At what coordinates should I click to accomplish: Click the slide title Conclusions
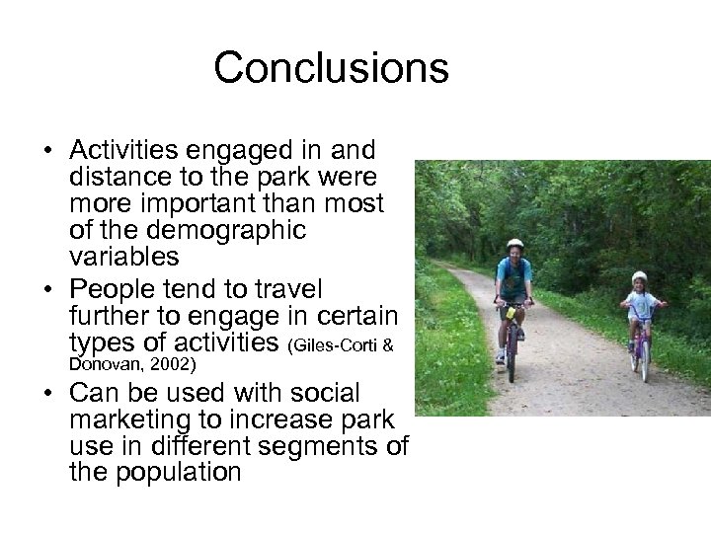(x=331, y=68)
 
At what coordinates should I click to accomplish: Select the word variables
(x=123, y=257)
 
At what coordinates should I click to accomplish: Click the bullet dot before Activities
(x=47, y=152)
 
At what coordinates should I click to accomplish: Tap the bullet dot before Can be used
(x=47, y=393)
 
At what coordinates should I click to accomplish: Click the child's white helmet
(x=639, y=276)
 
